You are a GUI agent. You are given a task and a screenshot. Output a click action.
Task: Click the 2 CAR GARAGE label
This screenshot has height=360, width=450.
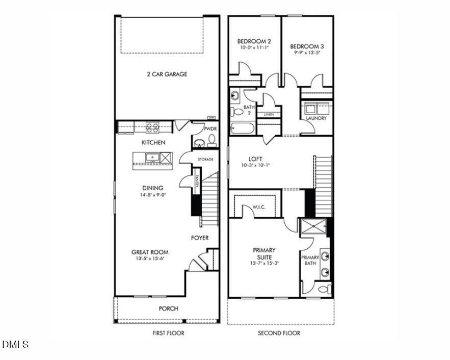click(x=167, y=74)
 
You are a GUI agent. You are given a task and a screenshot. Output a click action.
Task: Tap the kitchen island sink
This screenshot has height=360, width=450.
click(x=152, y=157)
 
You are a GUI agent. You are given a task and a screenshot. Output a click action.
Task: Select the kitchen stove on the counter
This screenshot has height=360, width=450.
click(x=152, y=127)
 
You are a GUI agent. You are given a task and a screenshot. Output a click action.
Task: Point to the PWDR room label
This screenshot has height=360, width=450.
click(x=210, y=129)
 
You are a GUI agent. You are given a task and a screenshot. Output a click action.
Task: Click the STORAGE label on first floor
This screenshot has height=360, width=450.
click(x=206, y=160)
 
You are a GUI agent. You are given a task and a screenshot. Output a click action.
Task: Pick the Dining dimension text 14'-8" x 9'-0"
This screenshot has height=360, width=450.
click(x=153, y=195)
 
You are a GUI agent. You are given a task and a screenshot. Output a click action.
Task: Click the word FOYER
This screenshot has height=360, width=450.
click(x=200, y=238)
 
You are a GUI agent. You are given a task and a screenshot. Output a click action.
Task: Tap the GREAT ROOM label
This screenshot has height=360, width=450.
click(x=150, y=252)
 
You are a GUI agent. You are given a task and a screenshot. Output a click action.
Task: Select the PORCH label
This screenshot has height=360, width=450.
click(x=168, y=308)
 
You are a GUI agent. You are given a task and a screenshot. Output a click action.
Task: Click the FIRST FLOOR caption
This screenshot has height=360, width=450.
click(x=168, y=333)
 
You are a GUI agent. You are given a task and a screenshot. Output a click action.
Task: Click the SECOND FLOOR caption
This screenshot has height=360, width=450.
click(x=279, y=333)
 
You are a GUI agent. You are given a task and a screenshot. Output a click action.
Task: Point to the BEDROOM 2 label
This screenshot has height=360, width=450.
click(x=254, y=41)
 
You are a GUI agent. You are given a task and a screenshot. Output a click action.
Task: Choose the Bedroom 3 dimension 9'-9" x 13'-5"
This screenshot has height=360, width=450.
click(x=307, y=53)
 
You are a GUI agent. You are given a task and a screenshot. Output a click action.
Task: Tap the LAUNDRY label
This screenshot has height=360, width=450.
click(x=316, y=118)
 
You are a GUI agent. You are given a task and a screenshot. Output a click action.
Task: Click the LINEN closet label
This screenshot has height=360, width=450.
click(x=269, y=115)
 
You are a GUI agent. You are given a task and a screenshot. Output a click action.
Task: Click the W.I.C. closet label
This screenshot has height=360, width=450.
click(x=259, y=207)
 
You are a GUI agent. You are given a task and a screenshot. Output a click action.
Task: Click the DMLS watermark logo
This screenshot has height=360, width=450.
click(x=16, y=345)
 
